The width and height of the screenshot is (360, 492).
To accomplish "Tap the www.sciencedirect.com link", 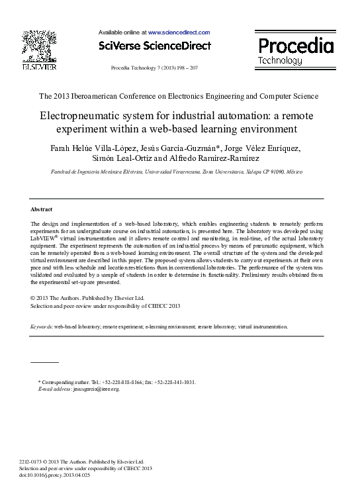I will [179, 32].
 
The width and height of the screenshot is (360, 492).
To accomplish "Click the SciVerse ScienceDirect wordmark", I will [154, 46].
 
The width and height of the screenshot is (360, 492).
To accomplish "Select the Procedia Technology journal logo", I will [294, 50].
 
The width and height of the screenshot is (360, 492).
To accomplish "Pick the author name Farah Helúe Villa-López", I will [93, 146].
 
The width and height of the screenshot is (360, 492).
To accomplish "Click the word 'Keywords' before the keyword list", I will [42, 327].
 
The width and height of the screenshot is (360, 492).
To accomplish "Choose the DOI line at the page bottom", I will [55, 475].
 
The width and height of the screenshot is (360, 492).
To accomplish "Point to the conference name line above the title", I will [179, 96].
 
